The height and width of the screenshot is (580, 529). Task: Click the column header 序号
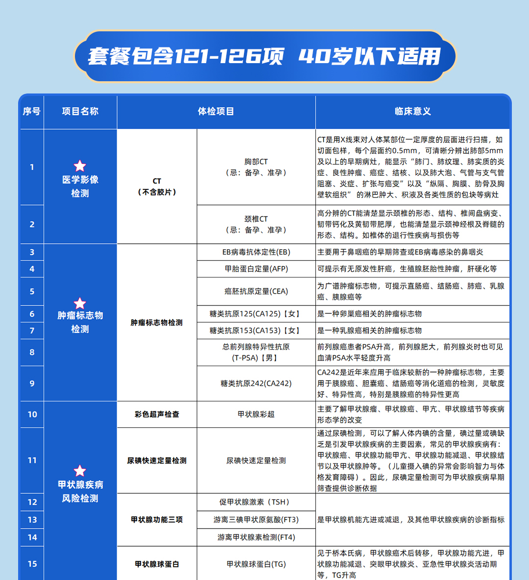pos(32,112)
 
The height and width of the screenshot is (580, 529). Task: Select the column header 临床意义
pos(412,112)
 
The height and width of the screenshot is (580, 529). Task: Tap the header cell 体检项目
pos(216,112)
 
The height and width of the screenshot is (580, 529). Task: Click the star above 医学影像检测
pos(80,166)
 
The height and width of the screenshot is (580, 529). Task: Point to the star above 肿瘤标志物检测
pos(80,303)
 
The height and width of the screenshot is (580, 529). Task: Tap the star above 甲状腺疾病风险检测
pos(80,471)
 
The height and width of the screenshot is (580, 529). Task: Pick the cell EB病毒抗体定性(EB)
pos(256,252)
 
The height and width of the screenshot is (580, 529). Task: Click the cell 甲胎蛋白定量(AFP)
pos(256,269)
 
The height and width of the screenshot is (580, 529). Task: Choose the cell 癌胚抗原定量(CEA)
pos(256,291)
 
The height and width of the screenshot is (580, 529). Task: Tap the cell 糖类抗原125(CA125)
pos(256,314)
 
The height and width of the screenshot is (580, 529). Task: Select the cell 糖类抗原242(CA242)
pos(256,383)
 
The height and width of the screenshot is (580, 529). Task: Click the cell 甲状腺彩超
pos(256,414)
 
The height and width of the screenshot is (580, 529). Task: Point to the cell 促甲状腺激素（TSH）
pos(256,502)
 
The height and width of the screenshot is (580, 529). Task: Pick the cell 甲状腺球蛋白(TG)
pos(256,564)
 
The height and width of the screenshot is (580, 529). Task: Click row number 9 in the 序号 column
pos(32,383)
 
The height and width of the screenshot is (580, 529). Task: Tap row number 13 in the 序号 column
pos(32,520)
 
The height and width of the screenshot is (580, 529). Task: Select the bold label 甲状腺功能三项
pos(157,520)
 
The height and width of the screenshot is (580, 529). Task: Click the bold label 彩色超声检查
pos(157,414)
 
